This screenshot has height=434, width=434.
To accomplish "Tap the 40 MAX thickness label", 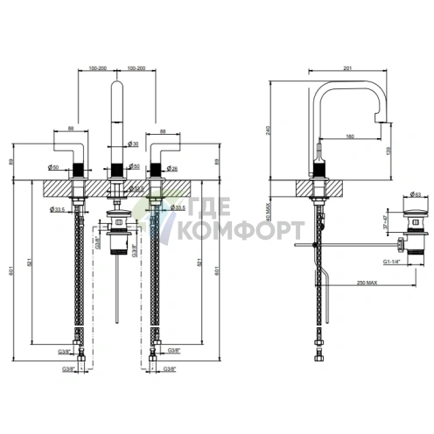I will pyautogui.click(x=282, y=213).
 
